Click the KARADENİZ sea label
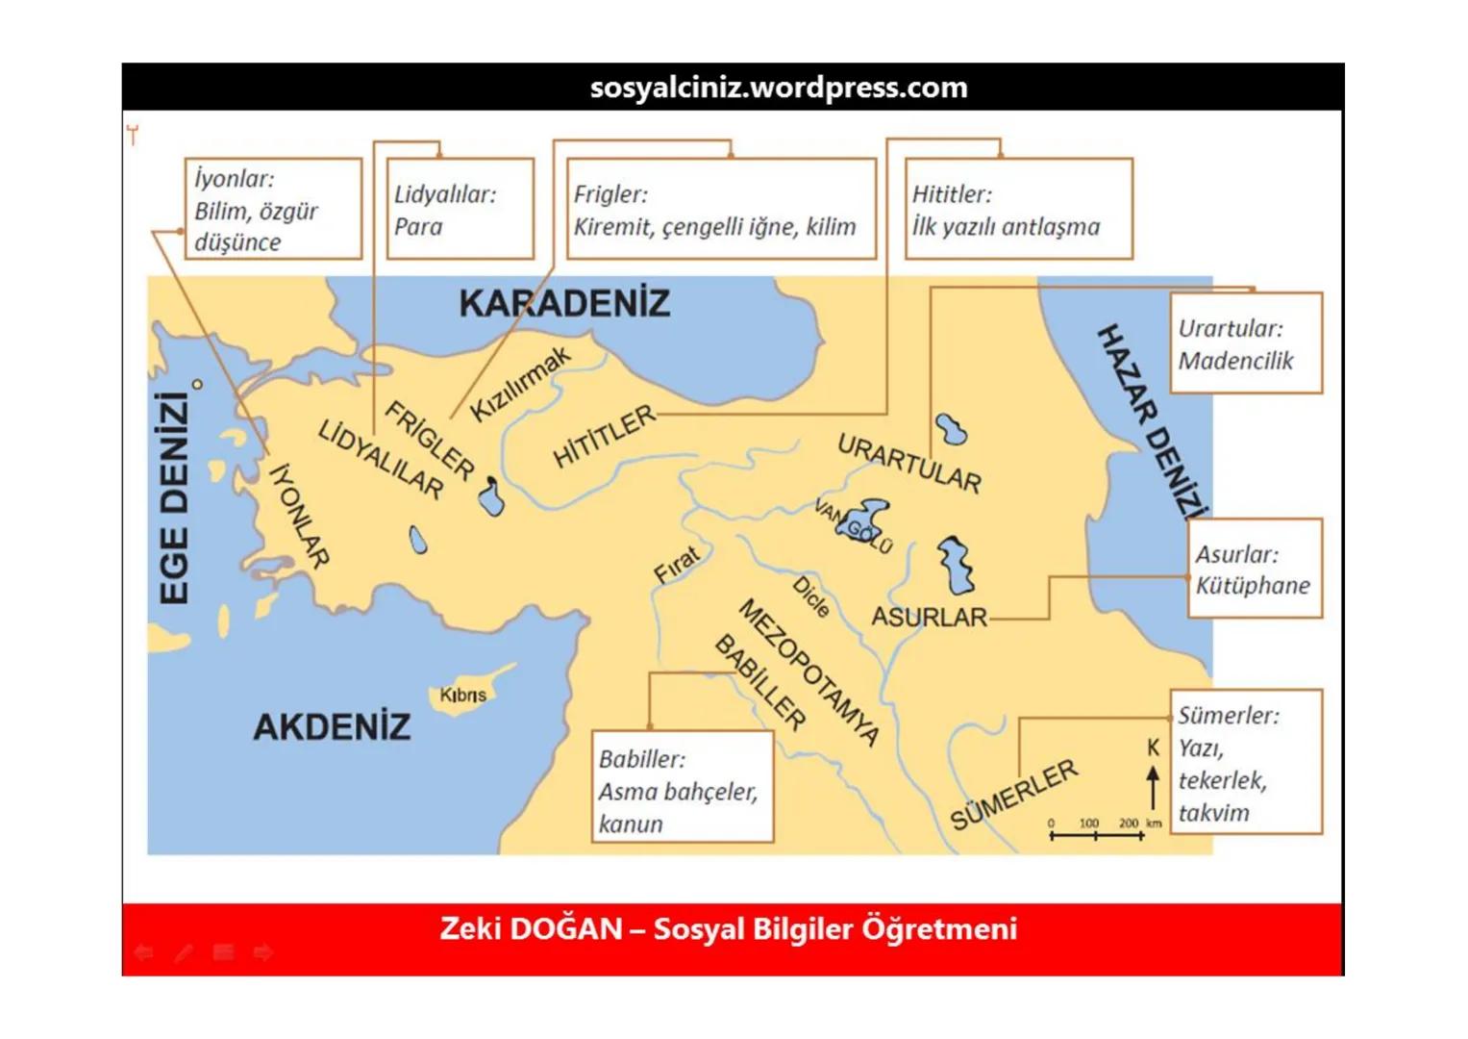coord(564,304)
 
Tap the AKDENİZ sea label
coord(332,727)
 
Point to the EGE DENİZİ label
coord(173,498)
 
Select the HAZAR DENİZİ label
coord(1151,421)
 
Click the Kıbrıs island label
coord(462,695)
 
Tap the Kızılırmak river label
coord(520,384)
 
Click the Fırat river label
coord(677,564)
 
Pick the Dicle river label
coord(810,597)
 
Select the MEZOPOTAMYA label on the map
coord(809,672)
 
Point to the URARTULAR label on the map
coord(908,463)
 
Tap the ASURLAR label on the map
coord(929,617)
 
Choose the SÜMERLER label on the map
coord(1014,795)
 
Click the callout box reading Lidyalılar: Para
coord(460,210)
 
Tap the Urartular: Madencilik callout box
coord(1246,343)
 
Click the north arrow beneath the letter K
coord(1154,787)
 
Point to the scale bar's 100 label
coord(1089,824)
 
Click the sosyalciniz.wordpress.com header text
coord(779,88)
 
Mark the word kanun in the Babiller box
coord(631,824)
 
